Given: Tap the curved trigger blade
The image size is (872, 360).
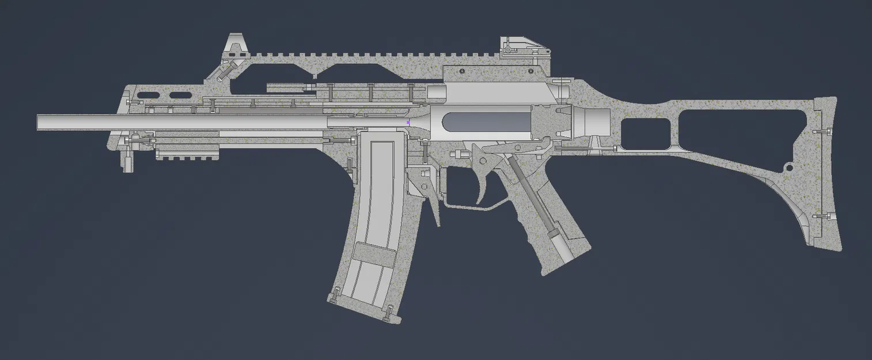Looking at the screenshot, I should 483,187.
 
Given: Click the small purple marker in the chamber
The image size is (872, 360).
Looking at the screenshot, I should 408,122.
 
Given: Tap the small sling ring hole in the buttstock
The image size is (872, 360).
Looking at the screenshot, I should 790,168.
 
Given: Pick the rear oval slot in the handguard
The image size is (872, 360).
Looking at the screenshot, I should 180,94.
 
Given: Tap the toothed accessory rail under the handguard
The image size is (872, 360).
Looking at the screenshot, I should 188,153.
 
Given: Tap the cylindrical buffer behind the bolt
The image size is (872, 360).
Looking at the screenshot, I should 593,122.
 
